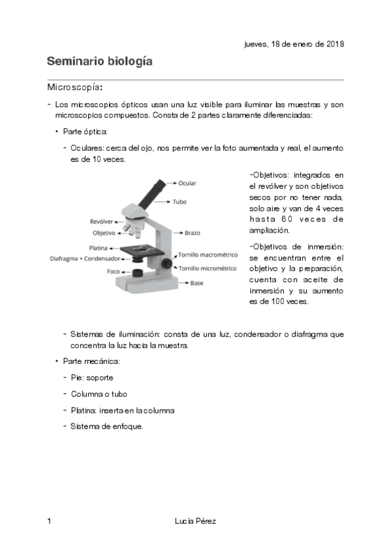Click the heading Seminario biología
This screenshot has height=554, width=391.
click(99, 62)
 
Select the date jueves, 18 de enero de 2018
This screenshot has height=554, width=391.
click(294, 44)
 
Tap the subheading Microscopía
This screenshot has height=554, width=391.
click(74, 88)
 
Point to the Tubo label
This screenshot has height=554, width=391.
click(179, 202)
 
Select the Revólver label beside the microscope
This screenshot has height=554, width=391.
click(102, 222)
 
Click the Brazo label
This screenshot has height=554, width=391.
click(192, 233)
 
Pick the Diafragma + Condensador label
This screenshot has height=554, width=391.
click(85, 259)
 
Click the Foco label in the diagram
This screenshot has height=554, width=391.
click(114, 270)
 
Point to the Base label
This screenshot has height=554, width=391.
click(197, 283)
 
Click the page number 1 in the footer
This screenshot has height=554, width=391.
click(49, 521)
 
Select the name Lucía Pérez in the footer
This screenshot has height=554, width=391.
click(195, 521)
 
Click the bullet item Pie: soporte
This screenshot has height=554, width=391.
click(92, 378)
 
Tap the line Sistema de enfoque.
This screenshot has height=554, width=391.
click(106, 427)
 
